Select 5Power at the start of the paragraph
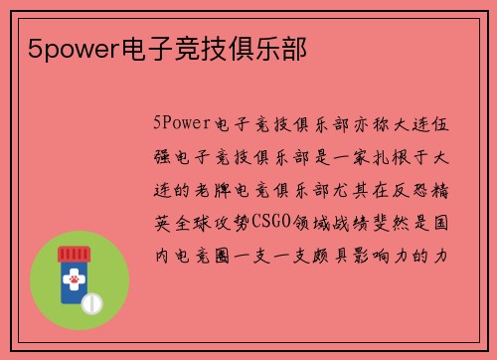[180, 124]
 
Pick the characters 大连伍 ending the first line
[421, 124]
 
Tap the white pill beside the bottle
[92, 300]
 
